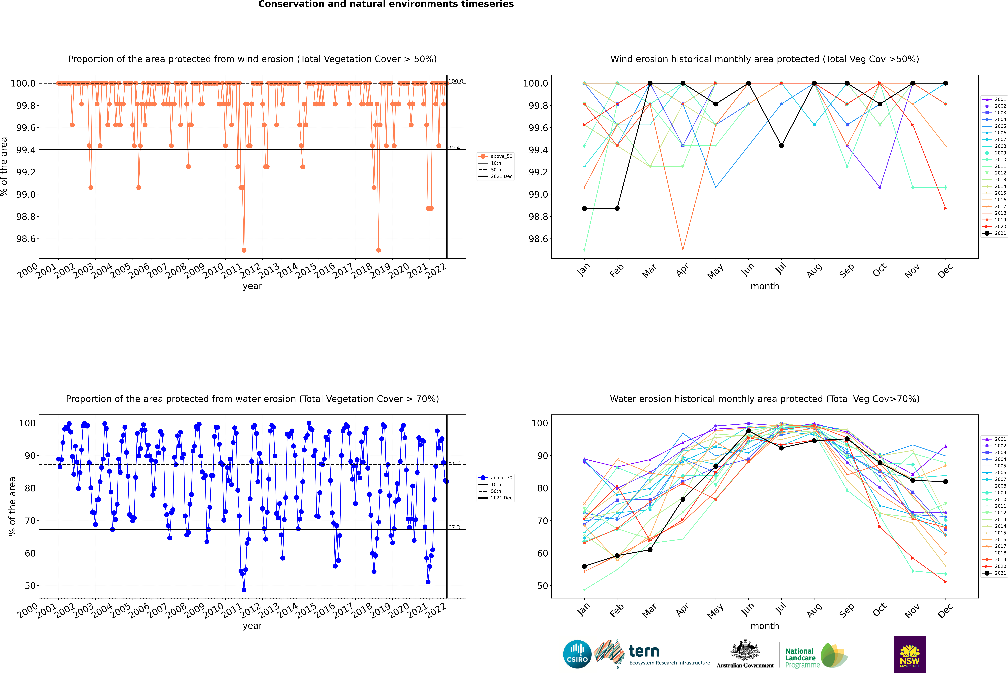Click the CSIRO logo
pos(577,654)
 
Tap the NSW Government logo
pos(910,654)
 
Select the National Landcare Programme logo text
pos(800,658)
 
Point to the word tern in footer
pos(644,651)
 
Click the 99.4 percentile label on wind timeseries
pos(454,148)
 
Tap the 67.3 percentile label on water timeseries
pos(454,527)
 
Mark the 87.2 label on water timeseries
pos(454,463)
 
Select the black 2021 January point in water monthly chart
pos(584,566)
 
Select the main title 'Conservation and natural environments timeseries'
pos(386,4)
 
